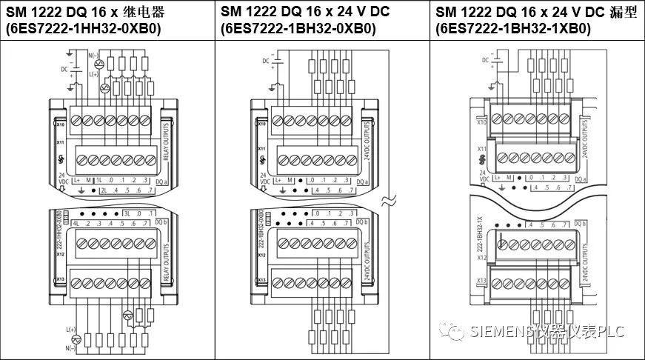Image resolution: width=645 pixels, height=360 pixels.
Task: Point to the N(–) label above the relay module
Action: [x=94, y=56]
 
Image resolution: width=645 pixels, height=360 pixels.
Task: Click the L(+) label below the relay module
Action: [x=71, y=328]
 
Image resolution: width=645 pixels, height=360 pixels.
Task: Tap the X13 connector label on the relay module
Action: [x=61, y=279]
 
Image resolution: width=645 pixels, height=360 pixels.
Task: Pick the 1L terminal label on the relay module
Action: [x=97, y=180]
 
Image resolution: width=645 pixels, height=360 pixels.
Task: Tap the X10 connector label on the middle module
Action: [x=261, y=124]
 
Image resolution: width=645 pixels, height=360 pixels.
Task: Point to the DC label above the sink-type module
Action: [x=486, y=59]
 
